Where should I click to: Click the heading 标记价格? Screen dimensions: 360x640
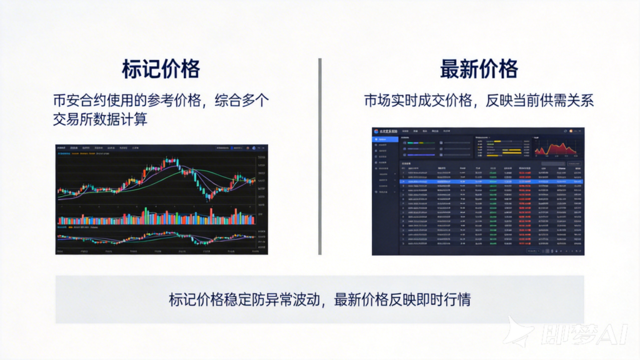pos(161,69)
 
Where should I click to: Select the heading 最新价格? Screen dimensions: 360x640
pos(479,69)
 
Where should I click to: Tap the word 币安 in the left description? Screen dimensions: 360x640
pos(67,100)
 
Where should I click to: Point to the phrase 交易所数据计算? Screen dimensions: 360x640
pos(100,119)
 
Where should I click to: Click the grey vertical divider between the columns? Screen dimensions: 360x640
pos(319,156)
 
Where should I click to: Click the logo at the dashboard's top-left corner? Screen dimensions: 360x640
pos(377,131)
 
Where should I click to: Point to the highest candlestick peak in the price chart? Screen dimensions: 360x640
pos(171,161)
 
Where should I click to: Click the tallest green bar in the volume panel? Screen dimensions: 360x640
pos(146,216)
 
